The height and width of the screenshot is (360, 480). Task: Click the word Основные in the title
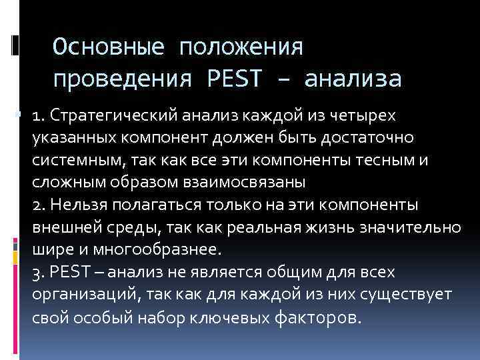coord(108,47)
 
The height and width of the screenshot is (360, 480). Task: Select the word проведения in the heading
coord(125,79)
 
